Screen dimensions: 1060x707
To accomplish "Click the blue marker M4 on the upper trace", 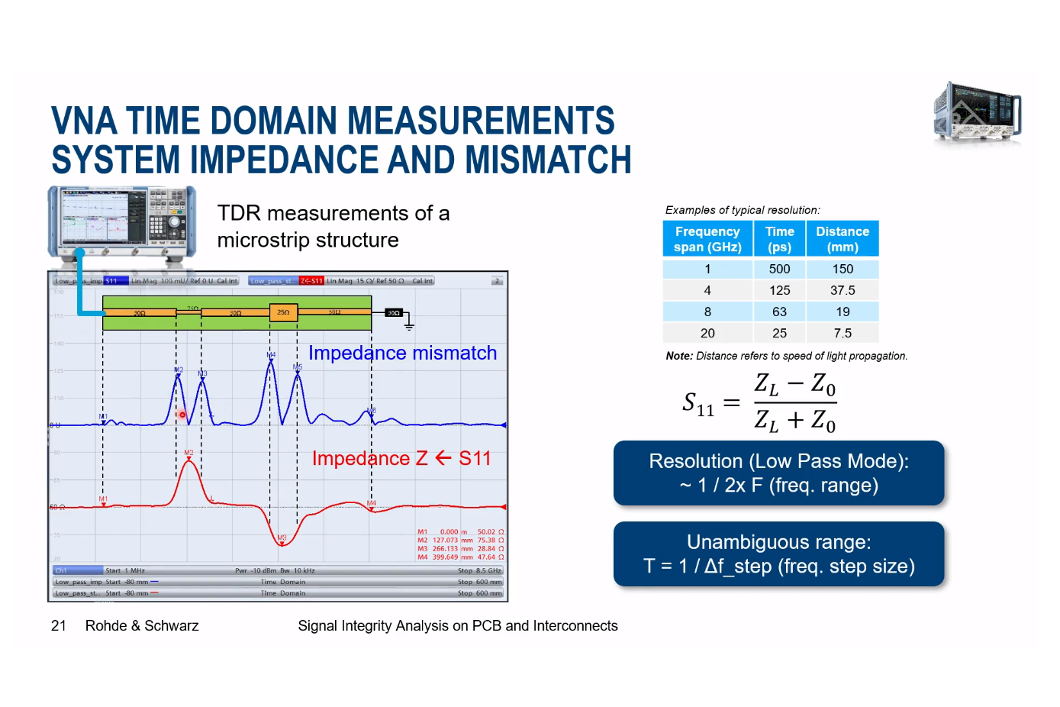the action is (x=270, y=356).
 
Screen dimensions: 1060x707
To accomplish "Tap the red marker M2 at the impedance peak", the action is (x=188, y=454).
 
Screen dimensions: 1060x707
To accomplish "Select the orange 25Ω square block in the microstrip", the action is (x=283, y=312).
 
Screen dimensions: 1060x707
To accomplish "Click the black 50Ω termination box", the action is (x=393, y=313).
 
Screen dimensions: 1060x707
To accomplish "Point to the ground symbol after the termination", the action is (x=409, y=327).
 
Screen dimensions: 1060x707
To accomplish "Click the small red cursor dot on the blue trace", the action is (x=182, y=415).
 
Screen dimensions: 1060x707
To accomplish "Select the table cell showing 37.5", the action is (x=843, y=290).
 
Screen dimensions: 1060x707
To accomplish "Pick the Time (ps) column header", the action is (x=779, y=239).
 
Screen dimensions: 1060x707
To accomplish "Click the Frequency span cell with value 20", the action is (x=707, y=333).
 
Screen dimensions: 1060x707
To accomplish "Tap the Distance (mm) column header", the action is (x=843, y=239).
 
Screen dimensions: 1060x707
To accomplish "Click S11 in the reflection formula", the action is (x=698, y=403).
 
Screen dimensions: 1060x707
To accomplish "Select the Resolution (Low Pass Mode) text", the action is (x=778, y=461).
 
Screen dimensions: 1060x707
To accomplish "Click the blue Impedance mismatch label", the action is (x=402, y=353).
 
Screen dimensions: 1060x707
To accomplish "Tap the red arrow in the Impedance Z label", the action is (x=443, y=458).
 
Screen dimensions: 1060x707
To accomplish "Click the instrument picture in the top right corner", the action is (x=977, y=113).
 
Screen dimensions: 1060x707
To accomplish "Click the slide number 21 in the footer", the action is (x=59, y=626).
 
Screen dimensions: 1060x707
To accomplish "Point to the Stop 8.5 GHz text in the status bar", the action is (x=478, y=570).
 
